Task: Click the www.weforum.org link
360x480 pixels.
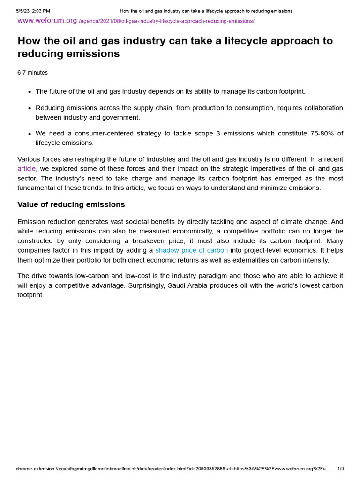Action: pos(47,21)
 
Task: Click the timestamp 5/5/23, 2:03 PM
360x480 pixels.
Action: pos(33,11)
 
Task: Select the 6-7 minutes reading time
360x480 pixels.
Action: pos(32,73)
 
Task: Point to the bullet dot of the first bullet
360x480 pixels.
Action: pos(30,92)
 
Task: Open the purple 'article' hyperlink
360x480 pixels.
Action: pos(26,169)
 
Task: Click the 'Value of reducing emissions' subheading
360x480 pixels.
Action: pos(71,204)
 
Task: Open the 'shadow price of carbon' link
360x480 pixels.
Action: pos(191,250)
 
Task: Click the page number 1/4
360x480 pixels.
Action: pos(341,468)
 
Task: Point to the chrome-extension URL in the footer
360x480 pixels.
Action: pos(173,468)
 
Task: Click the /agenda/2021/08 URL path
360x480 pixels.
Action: pos(166,21)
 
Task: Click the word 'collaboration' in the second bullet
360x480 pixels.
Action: pos(321,108)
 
